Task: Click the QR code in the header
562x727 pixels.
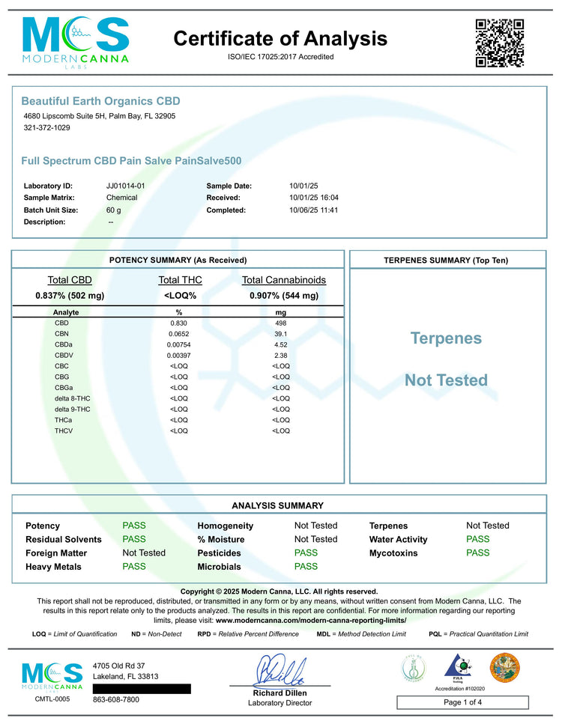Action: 498,42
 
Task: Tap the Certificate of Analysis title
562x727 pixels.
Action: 281,38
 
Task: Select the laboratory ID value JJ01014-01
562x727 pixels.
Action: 126,185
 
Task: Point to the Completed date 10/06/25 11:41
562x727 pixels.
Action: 314,210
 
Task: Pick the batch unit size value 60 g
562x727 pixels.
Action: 114,210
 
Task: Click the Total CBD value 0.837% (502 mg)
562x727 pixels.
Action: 70,296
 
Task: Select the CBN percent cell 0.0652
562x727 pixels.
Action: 179,334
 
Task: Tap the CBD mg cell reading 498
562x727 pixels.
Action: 281,323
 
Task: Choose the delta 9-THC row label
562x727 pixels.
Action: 73,410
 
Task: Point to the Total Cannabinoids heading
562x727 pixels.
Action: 284,280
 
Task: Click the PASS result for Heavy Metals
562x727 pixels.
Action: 134,567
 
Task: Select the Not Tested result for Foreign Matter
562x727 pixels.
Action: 144,553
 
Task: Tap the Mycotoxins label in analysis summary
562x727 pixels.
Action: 394,553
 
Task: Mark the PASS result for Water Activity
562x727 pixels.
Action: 477,539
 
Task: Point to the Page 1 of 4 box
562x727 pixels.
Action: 462,702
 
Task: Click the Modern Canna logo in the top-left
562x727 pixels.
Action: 75,42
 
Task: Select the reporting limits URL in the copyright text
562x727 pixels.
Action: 311,621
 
